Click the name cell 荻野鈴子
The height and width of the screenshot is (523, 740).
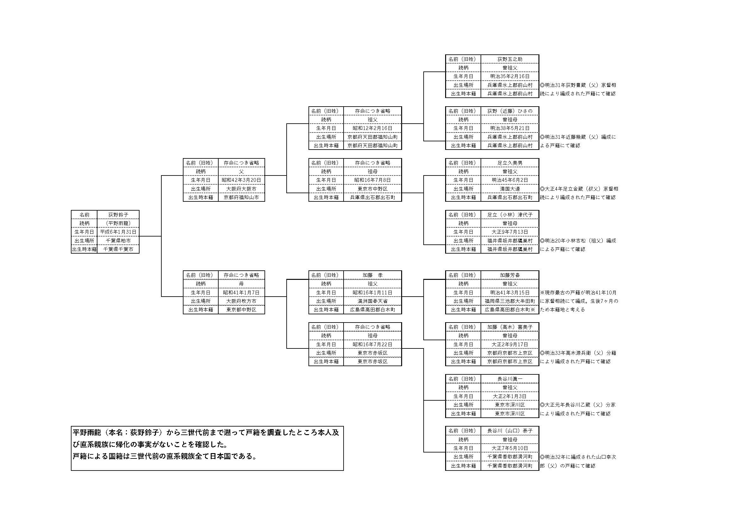click(118, 214)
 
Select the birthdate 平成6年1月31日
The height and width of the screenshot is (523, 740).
click(118, 232)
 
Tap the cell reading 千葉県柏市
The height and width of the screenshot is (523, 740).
click(118, 241)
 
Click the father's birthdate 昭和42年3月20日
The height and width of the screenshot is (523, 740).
click(241, 180)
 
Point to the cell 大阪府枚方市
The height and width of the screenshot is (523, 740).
click(241, 301)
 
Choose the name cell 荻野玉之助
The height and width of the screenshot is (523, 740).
click(510, 59)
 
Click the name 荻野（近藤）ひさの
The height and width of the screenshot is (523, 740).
click(510, 111)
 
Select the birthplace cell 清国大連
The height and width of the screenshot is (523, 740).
click(510, 189)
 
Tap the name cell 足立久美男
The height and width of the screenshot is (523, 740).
click(510, 163)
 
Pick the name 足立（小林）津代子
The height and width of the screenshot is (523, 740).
click(510, 215)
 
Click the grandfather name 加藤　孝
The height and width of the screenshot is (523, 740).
click(373, 275)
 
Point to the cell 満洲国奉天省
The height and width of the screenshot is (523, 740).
click(373, 301)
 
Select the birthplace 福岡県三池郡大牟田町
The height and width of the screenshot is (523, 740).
click(510, 301)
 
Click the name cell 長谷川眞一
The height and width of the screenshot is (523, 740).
click(510, 379)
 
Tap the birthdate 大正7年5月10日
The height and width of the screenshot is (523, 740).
click(510, 448)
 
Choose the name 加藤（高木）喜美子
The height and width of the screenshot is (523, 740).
click(510, 327)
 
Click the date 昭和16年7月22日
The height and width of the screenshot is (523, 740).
click(373, 344)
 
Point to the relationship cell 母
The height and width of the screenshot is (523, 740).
click(241, 284)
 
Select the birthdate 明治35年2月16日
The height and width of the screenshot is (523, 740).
click(510, 76)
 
